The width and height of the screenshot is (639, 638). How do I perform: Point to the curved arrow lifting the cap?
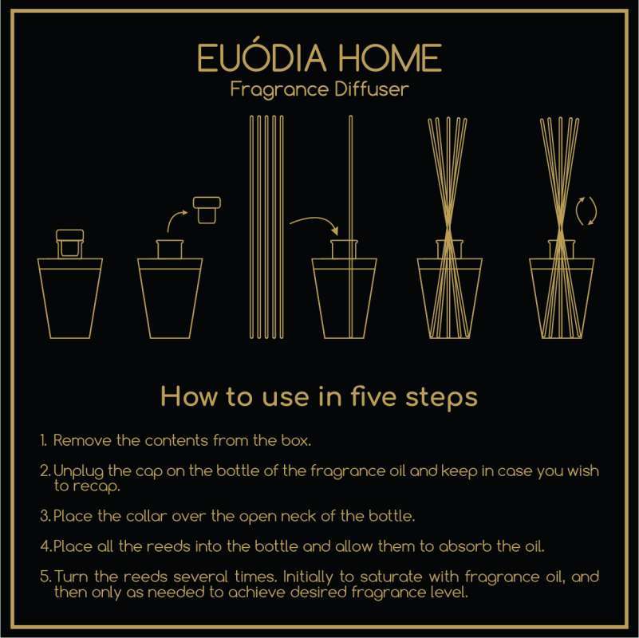coord(176,221)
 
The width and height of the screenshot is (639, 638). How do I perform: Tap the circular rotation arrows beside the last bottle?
coord(586,211)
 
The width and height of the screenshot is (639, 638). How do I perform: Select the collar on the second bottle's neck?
coord(170,249)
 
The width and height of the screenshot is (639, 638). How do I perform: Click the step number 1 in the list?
coord(43,439)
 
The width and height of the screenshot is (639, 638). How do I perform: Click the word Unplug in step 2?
coord(76,471)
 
